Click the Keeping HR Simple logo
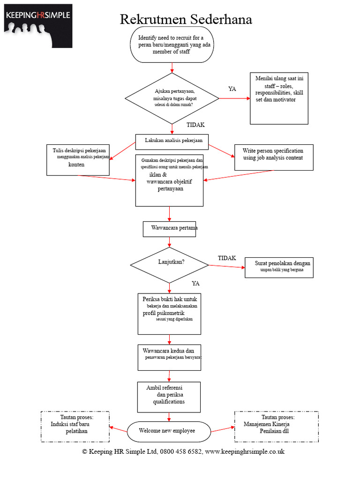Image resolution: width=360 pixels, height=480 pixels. click(38, 26)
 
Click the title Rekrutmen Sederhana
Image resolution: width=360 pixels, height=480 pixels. click(186, 19)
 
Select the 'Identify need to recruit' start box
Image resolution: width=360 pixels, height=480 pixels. click(172, 45)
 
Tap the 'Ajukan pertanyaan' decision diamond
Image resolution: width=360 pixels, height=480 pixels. click(172, 98)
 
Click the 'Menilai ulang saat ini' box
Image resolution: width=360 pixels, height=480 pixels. click(279, 98)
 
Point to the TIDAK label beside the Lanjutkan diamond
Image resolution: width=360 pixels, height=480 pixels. click(227, 258)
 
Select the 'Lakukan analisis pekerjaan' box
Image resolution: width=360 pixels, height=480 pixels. click(172, 142)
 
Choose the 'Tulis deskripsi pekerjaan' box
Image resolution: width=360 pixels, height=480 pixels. click(78, 160)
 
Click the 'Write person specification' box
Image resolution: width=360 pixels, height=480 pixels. click(274, 157)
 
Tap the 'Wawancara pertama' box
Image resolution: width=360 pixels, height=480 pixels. click(169, 229)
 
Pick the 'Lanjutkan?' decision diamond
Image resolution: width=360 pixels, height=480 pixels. click(169, 265)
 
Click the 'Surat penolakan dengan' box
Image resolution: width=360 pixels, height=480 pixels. click(279, 268)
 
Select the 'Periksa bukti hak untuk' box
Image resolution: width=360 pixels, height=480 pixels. click(169, 314)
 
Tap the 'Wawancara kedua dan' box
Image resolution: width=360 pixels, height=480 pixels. click(169, 358)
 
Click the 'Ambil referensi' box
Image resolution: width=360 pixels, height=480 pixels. click(169, 397)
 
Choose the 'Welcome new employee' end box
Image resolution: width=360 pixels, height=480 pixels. click(169, 432)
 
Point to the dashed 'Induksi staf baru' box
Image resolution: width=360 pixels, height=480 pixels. click(75, 427)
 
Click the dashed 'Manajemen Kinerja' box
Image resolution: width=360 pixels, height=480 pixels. click(277, 427)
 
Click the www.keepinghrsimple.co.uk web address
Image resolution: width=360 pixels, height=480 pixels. click(245, 452)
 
